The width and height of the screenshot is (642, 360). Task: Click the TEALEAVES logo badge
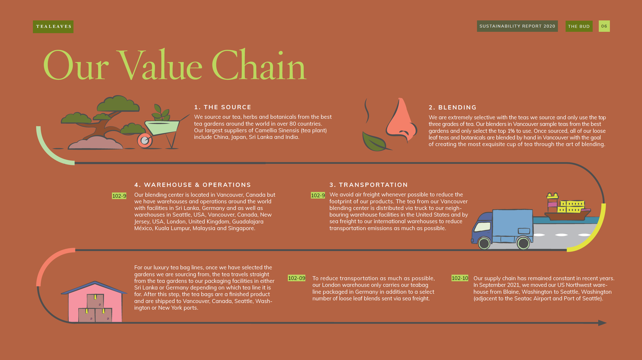tap(53, 26)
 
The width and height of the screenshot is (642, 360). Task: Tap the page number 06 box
tap(604, 26)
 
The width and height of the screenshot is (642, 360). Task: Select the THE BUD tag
tap(579, 26)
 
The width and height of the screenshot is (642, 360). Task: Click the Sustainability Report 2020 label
tap(517, 26)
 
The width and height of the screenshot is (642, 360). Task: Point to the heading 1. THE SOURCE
tap(223, 107)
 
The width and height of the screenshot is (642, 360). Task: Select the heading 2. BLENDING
tap(452, 108)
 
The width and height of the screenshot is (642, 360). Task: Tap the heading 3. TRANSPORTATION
tap(369, 185)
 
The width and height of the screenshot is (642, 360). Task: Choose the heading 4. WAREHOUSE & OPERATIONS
tap(193, 185)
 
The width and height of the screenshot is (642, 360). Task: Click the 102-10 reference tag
tap(460, 278)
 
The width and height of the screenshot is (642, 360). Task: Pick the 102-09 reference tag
tap(297, 278)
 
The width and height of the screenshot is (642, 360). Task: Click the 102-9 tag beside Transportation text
tap(318, 195)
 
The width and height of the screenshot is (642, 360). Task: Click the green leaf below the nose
tap(375, 142)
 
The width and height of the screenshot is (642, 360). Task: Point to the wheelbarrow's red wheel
tap(145, 140)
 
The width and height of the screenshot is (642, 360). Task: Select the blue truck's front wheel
tap(484, 243)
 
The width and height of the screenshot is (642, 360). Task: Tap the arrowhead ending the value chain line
tap(602, 323)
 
